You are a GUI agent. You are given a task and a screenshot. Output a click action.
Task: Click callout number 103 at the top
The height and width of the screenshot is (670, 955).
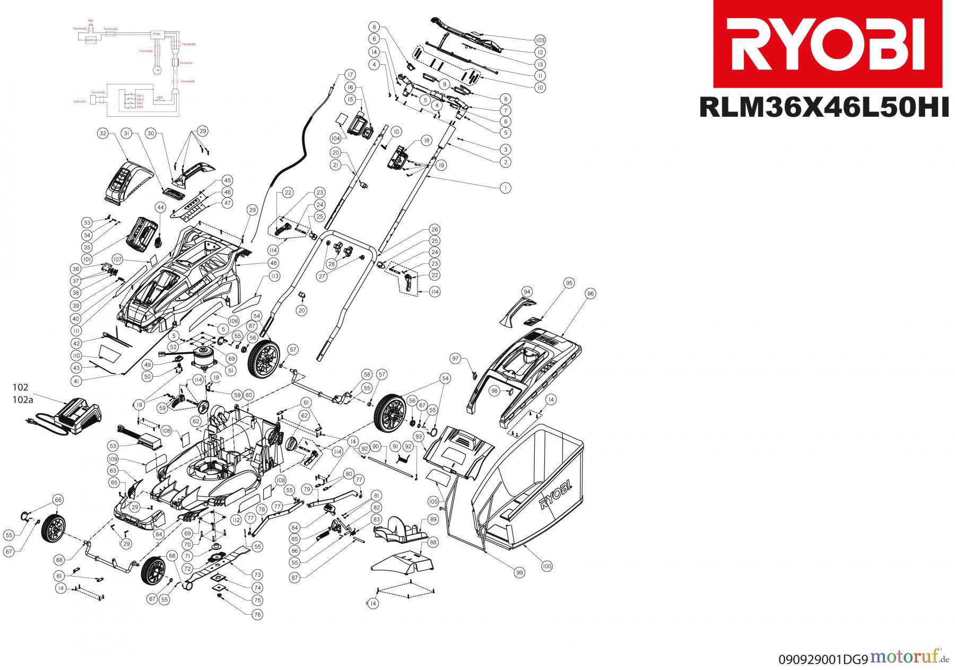pyautogui.click(x=540, y=40)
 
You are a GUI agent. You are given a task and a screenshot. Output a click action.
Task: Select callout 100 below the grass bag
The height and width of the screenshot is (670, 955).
pyautogui.click(x=547, y=567)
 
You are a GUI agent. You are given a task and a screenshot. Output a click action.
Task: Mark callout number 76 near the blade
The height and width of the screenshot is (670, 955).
pyautogui.click(x=257, y=615)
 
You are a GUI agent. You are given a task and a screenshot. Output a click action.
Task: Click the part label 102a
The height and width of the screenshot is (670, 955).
pyautogui.click(x=22, y=401)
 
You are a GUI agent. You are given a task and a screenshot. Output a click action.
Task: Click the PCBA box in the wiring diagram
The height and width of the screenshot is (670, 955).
pyautogui.click(x=156, y=33)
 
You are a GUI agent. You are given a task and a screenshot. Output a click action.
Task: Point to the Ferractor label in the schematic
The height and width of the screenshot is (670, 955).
pyautogui.click(x=186, y=63)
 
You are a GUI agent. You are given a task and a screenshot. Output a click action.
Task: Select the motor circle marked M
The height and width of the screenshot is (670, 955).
pyautogui.click(x=157, y=70)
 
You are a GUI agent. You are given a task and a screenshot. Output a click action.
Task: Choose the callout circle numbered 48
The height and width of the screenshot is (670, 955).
pyautogui.click(x=273, y=263)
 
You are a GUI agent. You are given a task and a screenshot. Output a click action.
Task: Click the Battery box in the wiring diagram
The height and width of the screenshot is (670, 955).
pyautogui.click(x=91, y=41)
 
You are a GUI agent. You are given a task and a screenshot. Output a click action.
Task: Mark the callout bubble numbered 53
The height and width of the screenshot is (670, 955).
pyautogui.click(x=112, y=446)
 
